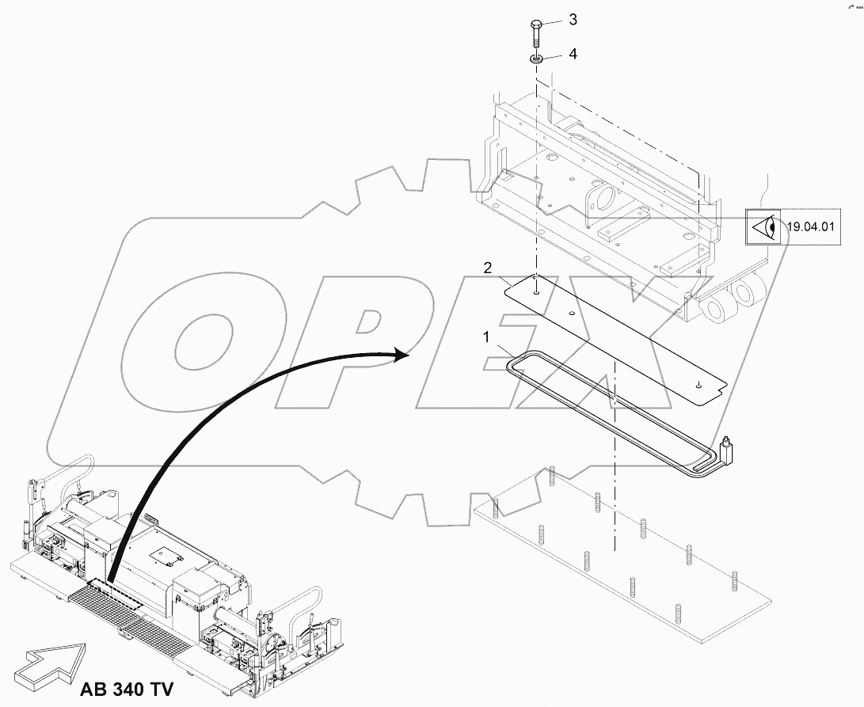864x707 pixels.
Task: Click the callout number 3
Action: tap(572, 20)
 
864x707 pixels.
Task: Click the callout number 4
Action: tap(572, 55)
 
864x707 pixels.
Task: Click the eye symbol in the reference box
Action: tap(764, 228)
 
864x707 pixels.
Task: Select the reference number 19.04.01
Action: tap(810, 228)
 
